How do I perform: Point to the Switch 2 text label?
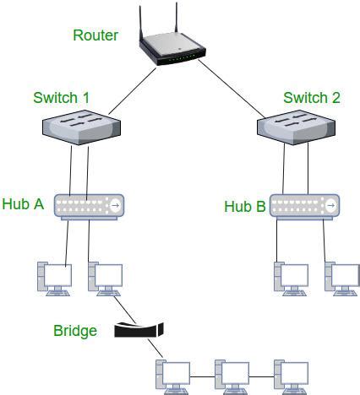(312, 98)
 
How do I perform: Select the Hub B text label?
(244, 206)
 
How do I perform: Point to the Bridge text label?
(75, 330)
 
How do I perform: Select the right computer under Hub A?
(106, 279)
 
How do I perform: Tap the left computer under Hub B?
(289, 279)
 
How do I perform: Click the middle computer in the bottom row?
(232, 376)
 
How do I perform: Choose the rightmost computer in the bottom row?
(289, 376)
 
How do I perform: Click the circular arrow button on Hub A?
(116, 205)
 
